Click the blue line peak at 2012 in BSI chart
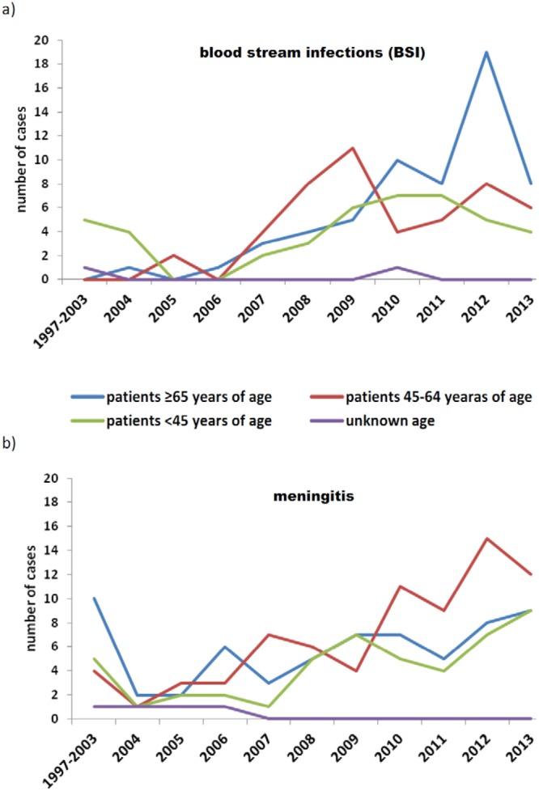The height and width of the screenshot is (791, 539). click(x=484, y=52)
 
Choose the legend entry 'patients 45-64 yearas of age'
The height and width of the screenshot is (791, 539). click(x=438, y=396)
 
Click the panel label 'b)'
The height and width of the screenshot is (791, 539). click(x=9, y=443)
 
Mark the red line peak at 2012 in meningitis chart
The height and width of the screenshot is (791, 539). click(x=484, y=539)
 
